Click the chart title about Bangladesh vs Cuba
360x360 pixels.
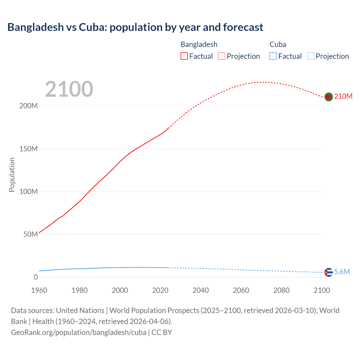coord(135,27)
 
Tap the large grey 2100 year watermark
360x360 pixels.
coord(69,89)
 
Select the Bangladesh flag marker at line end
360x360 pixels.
coord(328,97)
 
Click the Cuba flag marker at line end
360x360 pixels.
coord(328,272)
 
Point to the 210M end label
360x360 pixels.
coord(343,96)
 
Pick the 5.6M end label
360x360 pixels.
coord(342,272)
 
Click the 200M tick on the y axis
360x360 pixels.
coord(28,106)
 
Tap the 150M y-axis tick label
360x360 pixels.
coord(28,149)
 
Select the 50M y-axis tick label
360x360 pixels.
coord(30,234)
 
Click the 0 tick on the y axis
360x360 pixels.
coord(36,277)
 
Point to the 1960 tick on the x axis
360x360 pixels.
coord(39,290)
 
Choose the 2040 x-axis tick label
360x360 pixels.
coord(201,290)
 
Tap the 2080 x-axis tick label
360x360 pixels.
coord(281,290)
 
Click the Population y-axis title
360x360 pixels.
coord(12,175)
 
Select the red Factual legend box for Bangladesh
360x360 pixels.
coord(184,56)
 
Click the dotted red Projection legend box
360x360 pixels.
coord(222,56)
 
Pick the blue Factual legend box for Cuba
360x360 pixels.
coord(273,56)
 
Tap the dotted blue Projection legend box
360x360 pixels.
coord(311,56)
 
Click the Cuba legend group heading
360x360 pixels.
coord(278,44)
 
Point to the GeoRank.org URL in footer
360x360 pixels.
coord(78,332)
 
